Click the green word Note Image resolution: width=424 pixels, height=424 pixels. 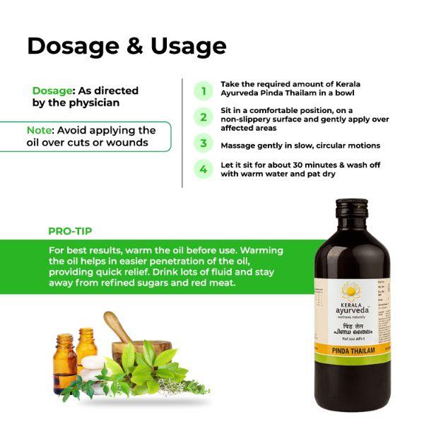click(x=40, y=131)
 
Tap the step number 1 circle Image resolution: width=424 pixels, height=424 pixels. click(x=204, y=90)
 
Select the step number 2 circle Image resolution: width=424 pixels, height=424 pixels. click(x=204, y=117)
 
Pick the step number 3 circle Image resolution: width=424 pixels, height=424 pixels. click(x=204, y=143)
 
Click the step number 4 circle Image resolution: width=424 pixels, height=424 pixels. click(x=204, y=170)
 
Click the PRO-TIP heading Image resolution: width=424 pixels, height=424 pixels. click(x=70, y=231)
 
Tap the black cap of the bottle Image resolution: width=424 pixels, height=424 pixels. click(x=352, y=208)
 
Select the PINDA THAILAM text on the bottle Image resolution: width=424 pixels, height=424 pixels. click(x=352, y=348)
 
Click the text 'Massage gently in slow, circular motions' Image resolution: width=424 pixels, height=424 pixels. click(x=300, y=145)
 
